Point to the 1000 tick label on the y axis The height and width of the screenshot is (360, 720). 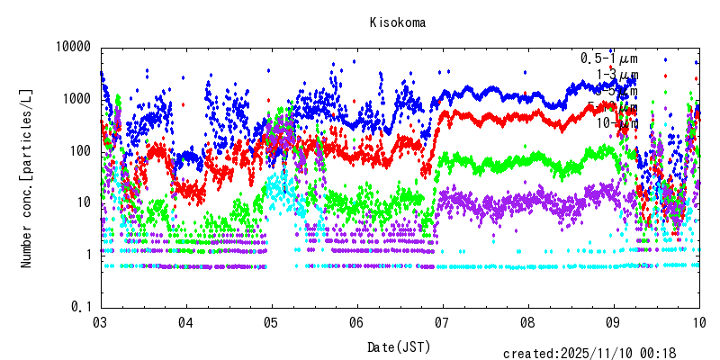coord(76,99)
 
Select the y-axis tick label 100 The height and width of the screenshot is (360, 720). coord(80,151)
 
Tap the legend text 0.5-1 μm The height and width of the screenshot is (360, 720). coord(608,58)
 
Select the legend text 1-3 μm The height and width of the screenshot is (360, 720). coord(617,75)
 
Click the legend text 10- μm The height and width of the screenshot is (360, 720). coord(617,123)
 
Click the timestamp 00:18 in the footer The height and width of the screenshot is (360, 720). coord(684,354)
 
